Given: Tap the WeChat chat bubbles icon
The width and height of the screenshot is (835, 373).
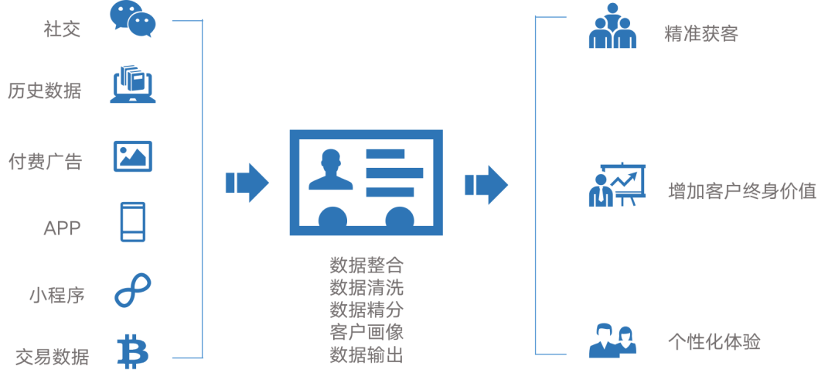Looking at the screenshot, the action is (x=133, y=19).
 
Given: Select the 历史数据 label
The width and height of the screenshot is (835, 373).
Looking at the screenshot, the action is (x=45, y=91).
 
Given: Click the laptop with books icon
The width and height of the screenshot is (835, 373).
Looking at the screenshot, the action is (x=133, y=84).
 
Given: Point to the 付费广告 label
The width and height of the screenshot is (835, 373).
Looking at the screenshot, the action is (x=46, y=160).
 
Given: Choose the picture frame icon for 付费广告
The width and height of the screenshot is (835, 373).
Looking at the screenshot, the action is (x=133, y=156).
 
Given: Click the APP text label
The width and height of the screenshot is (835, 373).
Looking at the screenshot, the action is (x=63, y=228).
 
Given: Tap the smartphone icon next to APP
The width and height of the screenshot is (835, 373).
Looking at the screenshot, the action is (x=133, y=222).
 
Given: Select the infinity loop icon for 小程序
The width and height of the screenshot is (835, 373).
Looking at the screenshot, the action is (x=133, y=290).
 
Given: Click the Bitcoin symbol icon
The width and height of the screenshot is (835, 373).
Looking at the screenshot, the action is (x=133, y=351).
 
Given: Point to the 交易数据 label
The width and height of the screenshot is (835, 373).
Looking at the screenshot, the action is (x=53, y=356).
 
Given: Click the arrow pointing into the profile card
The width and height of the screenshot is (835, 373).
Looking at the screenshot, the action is (x=247, y=183).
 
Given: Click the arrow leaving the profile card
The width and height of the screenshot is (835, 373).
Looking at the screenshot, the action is (x=486, y=185).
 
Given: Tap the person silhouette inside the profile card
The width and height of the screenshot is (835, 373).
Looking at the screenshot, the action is (x=331, y=169).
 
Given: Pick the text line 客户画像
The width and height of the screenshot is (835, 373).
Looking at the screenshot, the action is (x=366, y=331).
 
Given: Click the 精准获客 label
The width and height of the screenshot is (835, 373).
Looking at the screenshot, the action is (x=701, y=33).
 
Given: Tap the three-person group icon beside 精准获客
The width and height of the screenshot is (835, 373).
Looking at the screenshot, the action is (x=612, y=26).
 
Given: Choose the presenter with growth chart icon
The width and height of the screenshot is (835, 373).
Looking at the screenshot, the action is (x=617, y=185).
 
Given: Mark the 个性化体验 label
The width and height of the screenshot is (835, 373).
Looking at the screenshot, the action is (x=714, y=341).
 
